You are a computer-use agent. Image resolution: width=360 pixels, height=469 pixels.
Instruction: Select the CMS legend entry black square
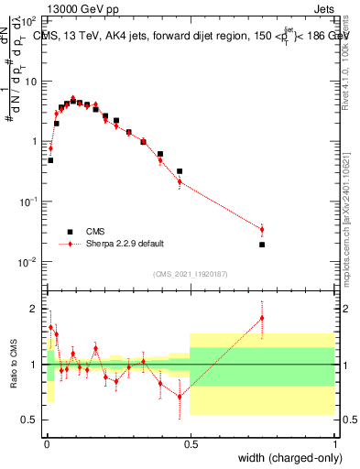(69, 232)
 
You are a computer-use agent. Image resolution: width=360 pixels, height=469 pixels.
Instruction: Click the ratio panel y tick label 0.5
(30, 420)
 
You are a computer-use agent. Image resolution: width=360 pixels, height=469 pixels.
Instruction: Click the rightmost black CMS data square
(262, 245)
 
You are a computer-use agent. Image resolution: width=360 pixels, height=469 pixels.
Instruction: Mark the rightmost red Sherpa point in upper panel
(262, 229)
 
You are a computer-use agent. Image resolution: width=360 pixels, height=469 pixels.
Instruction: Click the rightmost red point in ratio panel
(262, 318)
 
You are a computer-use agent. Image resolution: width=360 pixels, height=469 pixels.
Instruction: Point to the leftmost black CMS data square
(49, 160)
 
